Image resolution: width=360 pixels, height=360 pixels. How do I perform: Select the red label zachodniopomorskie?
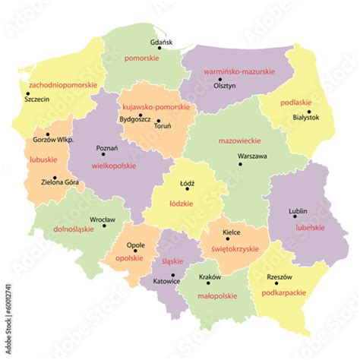click(62, 85)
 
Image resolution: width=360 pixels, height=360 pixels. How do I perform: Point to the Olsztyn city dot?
click(220, 79)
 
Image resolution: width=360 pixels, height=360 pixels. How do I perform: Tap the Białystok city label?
click(307, 118)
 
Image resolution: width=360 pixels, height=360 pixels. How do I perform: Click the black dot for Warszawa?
click(241, 163)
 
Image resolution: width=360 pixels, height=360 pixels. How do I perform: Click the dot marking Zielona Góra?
click(55, 178)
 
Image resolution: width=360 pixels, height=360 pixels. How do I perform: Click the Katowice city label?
click(166, 282)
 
